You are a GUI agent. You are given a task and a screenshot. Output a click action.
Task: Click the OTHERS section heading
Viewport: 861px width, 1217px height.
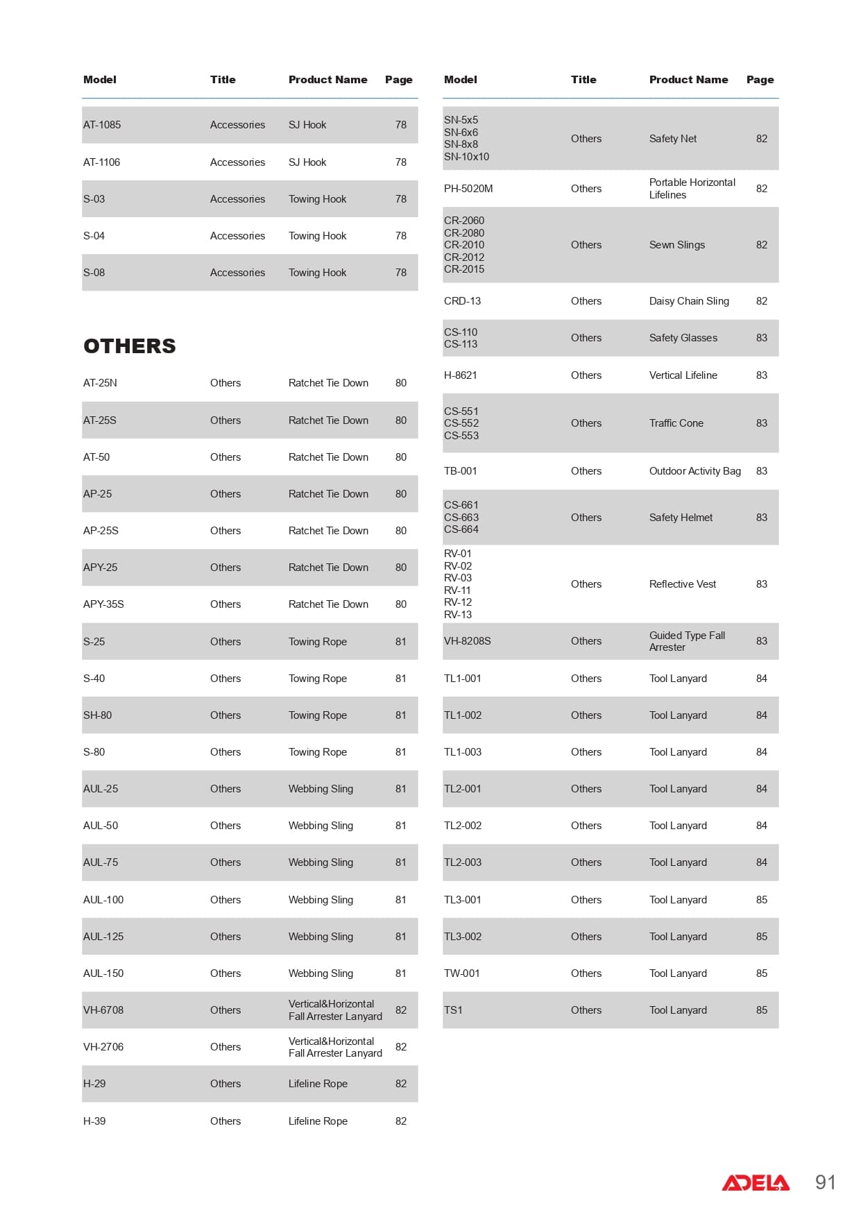coord(130,346)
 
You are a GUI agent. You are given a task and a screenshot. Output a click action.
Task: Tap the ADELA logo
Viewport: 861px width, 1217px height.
coord(756,1182)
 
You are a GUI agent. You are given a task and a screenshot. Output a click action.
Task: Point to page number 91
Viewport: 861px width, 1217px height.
coord(825,1182)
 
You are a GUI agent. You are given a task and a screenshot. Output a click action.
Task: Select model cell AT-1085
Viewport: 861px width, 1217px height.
coord(102,125)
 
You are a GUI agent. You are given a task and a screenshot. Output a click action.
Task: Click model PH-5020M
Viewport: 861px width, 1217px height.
coord(468,189)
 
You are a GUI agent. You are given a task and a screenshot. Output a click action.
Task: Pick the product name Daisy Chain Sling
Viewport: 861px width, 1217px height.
coord(689,301)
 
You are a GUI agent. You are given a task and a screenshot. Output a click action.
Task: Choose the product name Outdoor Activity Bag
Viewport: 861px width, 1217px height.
coord(694,471)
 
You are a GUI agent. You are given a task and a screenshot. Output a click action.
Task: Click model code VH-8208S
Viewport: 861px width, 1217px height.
coord(467,641)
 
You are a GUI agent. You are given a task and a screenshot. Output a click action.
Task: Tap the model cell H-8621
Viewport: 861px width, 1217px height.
coord(461,375)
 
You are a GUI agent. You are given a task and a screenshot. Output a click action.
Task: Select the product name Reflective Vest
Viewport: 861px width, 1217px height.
coord(683,584)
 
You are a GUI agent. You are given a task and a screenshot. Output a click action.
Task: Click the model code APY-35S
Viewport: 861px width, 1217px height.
coord(103,604)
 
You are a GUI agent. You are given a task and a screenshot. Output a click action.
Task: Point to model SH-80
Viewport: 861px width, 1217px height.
coord(97,715)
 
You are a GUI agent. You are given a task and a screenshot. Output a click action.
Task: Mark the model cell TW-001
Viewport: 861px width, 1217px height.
coord(461,973)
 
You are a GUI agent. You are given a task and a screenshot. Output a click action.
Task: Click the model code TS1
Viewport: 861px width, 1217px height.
coord(453,1010)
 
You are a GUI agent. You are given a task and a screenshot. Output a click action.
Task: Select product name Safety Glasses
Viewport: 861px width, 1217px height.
coord(683,338)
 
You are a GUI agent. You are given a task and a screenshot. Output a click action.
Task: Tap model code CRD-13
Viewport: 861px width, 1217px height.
coord(462,301)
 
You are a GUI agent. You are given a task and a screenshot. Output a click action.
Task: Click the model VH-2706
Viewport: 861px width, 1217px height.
coord(103,1047)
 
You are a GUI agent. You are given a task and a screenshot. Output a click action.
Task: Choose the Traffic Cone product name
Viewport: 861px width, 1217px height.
coord(676,423)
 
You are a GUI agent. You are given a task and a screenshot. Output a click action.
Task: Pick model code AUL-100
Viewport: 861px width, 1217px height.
coord(103,900)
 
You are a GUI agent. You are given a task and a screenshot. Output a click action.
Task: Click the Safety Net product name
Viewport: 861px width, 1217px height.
coord(673,139)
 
